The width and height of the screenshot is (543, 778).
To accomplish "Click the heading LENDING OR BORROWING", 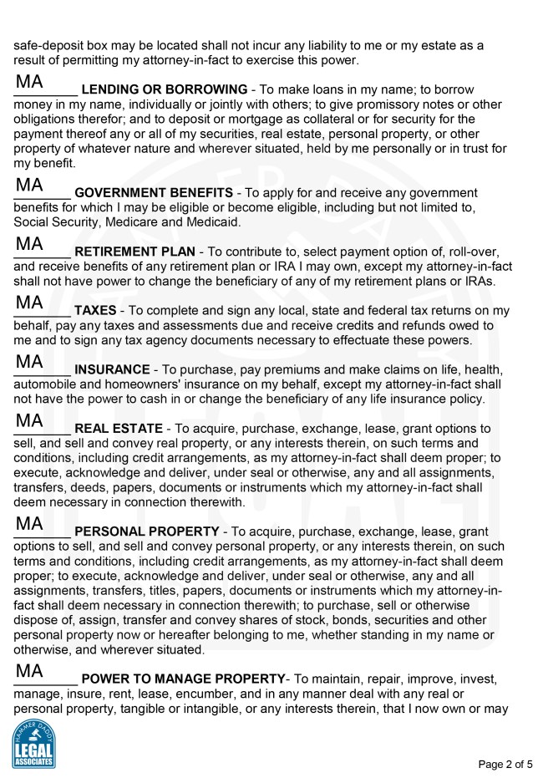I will (x=164, y=89).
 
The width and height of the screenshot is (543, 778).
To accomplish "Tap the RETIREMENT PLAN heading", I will (x=134, y=252).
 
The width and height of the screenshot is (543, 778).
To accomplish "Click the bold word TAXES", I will (x=95, y=311).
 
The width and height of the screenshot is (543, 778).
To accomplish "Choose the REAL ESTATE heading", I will (x=119, y=429).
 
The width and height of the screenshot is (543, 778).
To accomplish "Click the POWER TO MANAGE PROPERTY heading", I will (x=184, y=679).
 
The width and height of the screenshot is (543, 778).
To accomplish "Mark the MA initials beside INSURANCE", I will (x=29, y=362).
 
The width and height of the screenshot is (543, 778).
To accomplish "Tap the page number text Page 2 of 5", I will (x=505, y=764).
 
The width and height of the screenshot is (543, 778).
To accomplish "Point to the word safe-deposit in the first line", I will (x=52, y=45).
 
